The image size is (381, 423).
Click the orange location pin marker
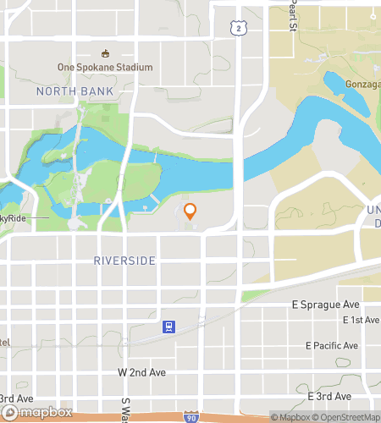click(190, 212)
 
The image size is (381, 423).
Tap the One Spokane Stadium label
click(105, 68)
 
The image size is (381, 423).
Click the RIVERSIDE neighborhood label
click(125, 261)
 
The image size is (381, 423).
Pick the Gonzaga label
click(362, 85)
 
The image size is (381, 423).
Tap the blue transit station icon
click(169, 327)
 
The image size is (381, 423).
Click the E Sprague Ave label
click(326, 304)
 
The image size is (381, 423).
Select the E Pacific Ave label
click(332, 346)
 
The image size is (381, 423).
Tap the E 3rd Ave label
click(329, 396)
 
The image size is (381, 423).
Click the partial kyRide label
click(18, 217)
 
